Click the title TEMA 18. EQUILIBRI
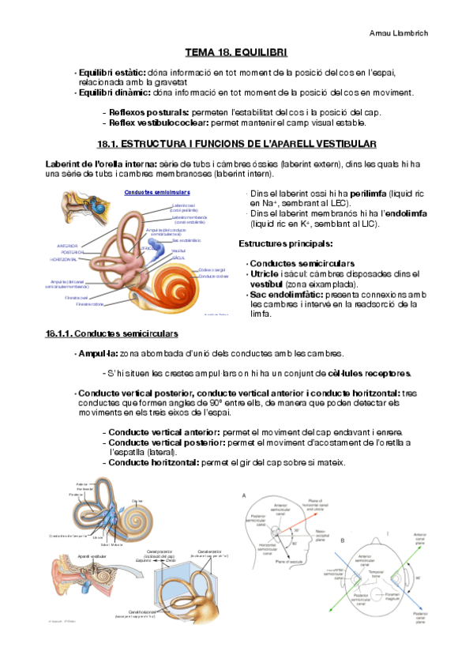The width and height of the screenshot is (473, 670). pyautogui.click(x=236, y=53)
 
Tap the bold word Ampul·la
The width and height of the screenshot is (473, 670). pyautogui.click(x=98, y=353)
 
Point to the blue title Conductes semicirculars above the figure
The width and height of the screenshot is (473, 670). pyautogui.click(x=157, y=192)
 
